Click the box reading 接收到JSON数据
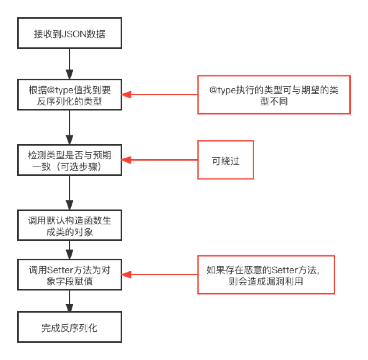click(69, 33)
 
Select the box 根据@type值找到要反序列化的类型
click(69, 95)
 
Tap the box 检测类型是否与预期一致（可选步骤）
click(69, 160)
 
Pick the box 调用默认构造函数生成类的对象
click(69, 225)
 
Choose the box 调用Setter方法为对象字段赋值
click(69, 274)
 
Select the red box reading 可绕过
click(225, 160)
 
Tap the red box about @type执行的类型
click(273, 95)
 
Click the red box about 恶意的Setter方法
click(266, 274)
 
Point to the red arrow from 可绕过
click(159, 160)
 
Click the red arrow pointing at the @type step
click(159, 95)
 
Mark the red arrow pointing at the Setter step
click(159, 274)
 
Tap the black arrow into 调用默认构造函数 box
click(69, 193)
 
